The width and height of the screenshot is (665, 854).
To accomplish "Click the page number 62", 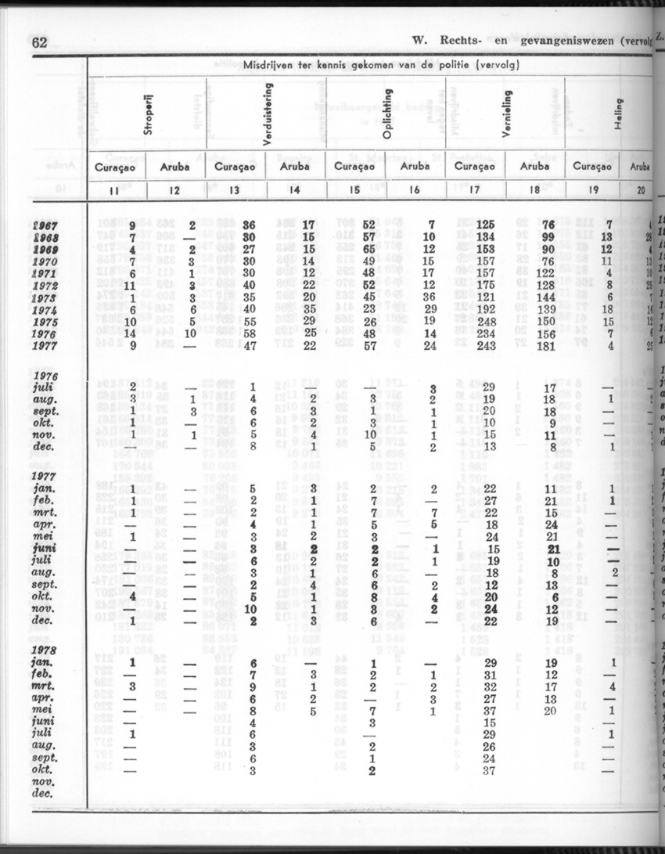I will [39, 43].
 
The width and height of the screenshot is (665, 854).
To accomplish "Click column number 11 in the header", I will [115, 189].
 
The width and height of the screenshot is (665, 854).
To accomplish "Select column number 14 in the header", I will [297, 189].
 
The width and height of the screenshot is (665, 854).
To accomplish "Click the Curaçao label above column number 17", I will [476, 167].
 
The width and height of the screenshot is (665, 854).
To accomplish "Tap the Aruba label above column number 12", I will [175, 167].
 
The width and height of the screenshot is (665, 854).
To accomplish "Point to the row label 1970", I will [49, 261].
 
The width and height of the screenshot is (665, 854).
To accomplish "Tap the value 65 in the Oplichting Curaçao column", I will [371, 250].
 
